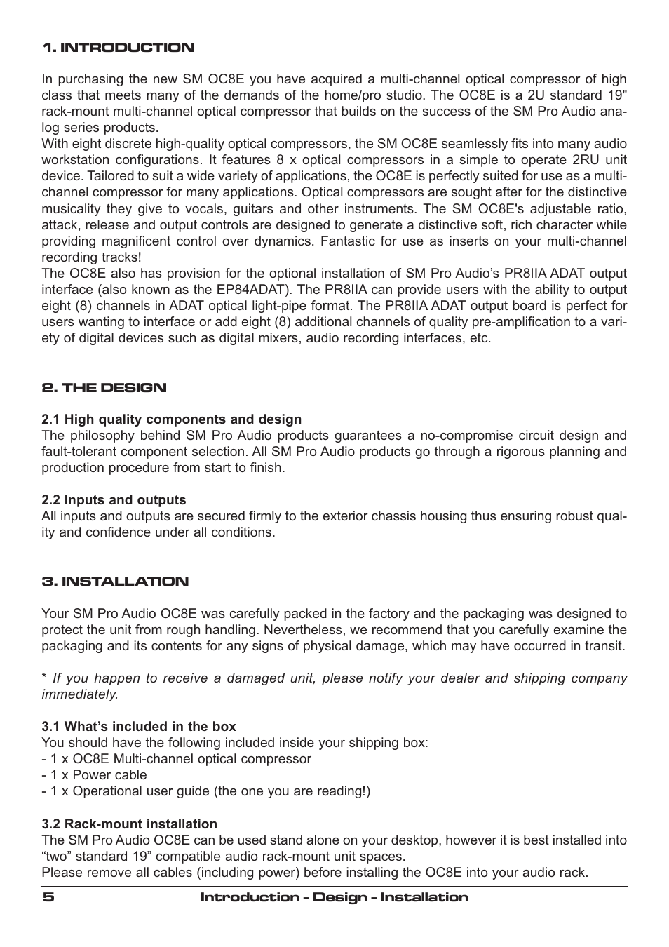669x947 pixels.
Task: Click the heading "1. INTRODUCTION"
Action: click(118, 48)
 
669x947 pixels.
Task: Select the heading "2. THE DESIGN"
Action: click(104, 388)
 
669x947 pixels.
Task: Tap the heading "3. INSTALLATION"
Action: click(115, 582)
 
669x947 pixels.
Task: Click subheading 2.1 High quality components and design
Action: click(171, 419)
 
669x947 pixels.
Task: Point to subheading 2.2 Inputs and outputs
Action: click(114, 500)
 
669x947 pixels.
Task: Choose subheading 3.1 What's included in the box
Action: click(138, 727)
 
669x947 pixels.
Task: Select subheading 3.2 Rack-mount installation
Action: click(129, 824)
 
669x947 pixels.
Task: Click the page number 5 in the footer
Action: click(47, 898)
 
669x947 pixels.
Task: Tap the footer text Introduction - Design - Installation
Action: click(334, 898)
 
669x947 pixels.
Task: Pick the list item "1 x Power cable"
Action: click(94, 775)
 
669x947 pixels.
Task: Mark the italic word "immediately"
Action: click(79, 694)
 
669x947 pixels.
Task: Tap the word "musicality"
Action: click(71, 209)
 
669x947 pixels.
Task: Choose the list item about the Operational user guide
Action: click(205, 791)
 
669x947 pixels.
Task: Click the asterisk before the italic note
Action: click(44, 678)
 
